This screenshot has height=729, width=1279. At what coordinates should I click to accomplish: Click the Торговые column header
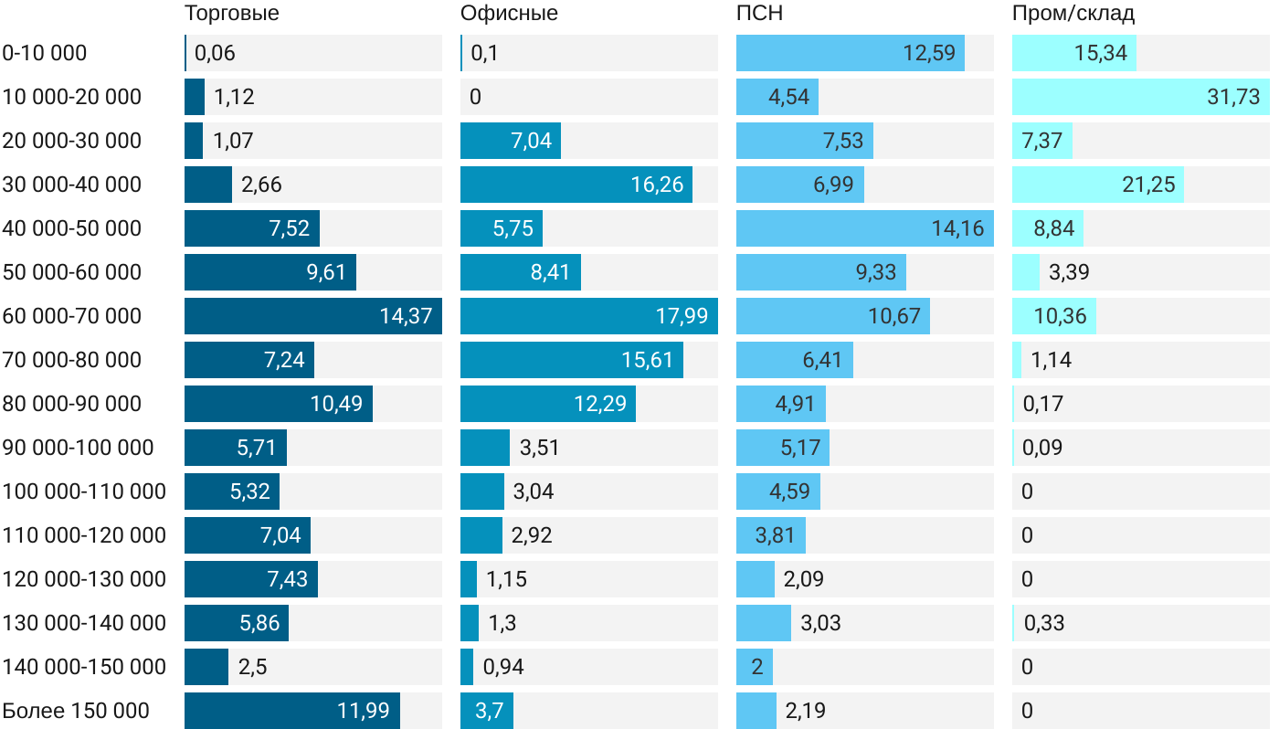click(x=231, y=14)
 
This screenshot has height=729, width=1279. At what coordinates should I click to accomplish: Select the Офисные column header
click(x=509, y=14)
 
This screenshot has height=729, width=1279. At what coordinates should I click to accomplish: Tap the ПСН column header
click(x=759, y=14)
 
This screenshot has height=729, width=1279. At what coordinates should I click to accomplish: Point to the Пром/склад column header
click(x=1073, y=14)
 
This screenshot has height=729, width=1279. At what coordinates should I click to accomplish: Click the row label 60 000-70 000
click(x=72, y=316)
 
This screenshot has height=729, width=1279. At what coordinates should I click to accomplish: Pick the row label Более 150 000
click(x=76, y=711)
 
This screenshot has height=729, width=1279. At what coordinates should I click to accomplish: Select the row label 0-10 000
click(x=45, y=53)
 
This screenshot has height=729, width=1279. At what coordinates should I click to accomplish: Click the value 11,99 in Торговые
click(x=364, y=711)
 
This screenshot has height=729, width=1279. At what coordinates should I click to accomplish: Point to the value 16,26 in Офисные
click(x=657, y=185)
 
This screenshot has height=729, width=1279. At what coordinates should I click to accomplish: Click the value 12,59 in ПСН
click(x=929, y=53)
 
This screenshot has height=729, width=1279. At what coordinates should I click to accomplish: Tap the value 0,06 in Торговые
click(x=216, y=53)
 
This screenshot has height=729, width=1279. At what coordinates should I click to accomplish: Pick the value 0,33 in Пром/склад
click(x=1044, y=623)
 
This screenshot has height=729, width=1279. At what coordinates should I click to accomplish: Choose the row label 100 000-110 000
click(x=84, y=491)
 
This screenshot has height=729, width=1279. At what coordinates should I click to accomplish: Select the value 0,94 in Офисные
click(x=503, y=667)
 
